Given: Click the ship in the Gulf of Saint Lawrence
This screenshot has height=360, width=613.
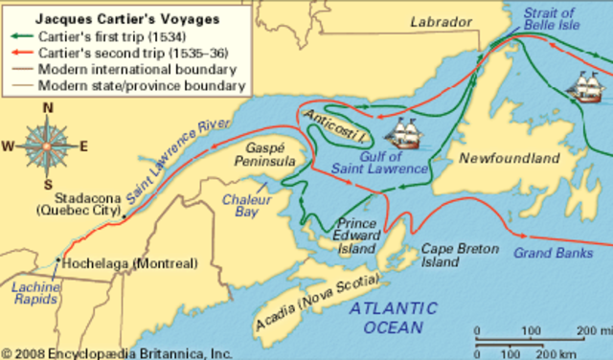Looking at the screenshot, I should (415, 129).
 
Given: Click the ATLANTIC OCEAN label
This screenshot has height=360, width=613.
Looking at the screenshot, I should (393, 317).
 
